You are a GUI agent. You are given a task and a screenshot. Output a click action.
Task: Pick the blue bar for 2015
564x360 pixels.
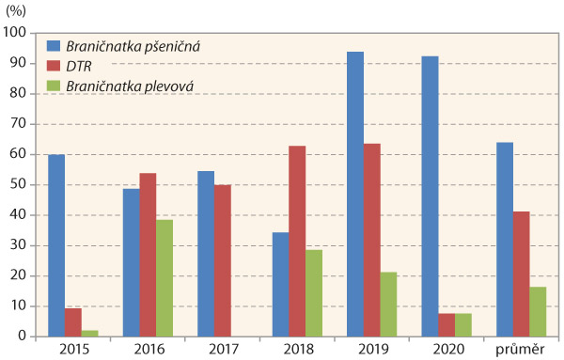[x=56, y=245]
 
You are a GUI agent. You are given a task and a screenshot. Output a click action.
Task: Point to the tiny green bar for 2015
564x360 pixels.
[x=89, y=333]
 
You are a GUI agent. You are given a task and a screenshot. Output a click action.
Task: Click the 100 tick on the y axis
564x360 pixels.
[x=15, y=32]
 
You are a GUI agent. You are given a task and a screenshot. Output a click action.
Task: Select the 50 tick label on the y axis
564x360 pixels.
[x=18, y=184]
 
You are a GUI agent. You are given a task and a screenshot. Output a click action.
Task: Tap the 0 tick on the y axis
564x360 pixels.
[x=22, y=336]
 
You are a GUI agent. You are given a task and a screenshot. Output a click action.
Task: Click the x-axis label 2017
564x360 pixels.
[x=222, y=350]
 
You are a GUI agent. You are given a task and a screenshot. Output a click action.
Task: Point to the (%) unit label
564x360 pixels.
[x=21, y=10]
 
